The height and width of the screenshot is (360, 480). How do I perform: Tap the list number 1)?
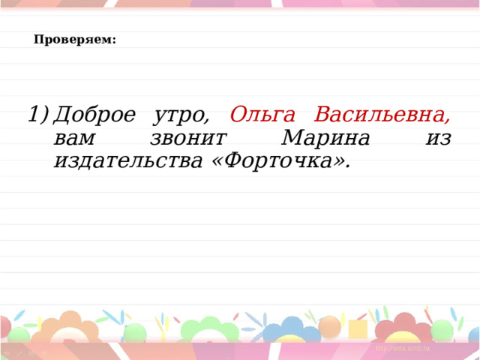pos(37,115)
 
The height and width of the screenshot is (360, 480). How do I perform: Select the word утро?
pos(181,116)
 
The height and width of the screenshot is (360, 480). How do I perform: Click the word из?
pos(438,139)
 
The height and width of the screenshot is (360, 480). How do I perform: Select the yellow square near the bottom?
pos(358,328)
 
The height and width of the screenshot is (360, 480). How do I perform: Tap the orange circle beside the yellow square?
pos(330,327)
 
